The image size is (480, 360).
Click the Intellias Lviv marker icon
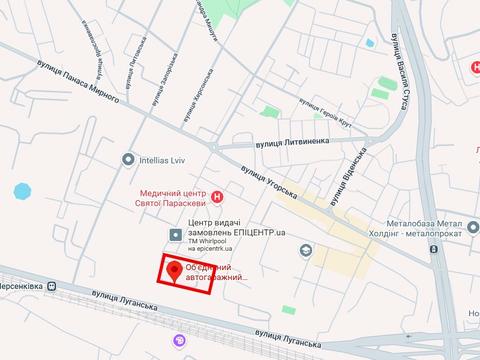[128, 159]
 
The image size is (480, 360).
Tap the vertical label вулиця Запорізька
[161, 79]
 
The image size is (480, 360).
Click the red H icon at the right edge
[475, 66]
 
